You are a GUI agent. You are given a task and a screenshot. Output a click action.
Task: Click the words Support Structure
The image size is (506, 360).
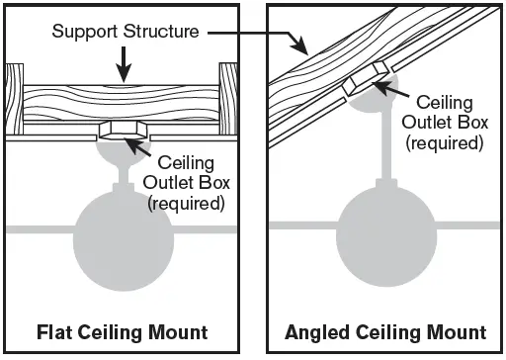(x=126, y=32)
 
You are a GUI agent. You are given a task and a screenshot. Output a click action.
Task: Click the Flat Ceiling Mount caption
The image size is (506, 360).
(x=123, y=332)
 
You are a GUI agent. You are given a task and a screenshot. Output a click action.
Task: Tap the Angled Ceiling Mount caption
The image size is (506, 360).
(x=385, y=332)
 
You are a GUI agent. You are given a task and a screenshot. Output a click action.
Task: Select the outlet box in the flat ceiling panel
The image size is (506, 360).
(x=123, y=130)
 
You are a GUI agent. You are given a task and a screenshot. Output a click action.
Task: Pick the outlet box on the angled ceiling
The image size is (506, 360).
(x=366, y=78)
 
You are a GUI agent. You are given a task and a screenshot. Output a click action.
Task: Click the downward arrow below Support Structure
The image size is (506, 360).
(x=124, y=64)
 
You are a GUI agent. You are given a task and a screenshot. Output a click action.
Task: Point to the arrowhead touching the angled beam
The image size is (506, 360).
(x=299, y=45)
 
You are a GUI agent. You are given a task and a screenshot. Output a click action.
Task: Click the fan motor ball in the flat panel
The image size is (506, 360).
(x=124, y=240)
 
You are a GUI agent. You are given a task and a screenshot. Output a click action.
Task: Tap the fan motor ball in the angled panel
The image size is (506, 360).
(x=386, y=235)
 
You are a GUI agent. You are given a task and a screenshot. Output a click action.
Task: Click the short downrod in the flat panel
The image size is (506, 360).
(x=124, y=175)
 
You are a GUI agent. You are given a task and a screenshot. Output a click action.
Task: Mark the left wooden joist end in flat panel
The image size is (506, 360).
(x=15, y=99)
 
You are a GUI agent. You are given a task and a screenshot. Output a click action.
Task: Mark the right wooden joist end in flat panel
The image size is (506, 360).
(x=228, y=99)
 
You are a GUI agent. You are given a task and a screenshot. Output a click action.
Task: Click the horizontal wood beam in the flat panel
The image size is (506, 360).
(x=122, y=103)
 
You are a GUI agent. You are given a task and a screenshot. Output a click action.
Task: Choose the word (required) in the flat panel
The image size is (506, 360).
(x=186, y=204)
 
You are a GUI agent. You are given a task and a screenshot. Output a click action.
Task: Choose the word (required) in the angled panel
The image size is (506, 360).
(x=445, y=143)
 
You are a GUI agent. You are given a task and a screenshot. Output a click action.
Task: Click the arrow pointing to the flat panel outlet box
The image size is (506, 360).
(x=137, y=147)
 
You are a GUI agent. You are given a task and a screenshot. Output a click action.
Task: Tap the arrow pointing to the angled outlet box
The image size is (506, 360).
(x=391, y=89)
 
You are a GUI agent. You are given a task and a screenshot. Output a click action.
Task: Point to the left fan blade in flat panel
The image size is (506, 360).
(x=41, y=229)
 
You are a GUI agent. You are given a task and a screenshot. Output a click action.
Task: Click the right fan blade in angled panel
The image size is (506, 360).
(x=467, y=225)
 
